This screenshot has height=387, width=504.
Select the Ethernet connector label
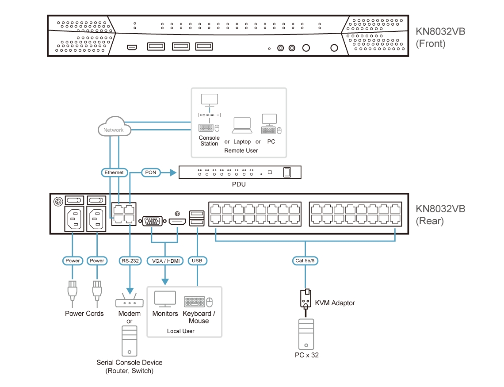point(114,172)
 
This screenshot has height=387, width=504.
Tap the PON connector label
point(151,172)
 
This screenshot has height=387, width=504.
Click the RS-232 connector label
point(130,261)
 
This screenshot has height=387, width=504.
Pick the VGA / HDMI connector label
point(165,261)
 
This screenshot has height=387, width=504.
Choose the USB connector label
point(197,261)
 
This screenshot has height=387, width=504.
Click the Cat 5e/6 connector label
point(305,261)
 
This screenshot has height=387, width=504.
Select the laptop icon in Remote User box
point(242,126)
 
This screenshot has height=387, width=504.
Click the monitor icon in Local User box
point(165,299)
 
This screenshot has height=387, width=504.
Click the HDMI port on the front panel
point(131,47)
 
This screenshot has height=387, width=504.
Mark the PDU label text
point(239,184)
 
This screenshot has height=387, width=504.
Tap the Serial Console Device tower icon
point(129,341)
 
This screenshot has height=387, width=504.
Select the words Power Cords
point(84,314)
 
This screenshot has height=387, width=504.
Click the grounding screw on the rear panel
point(57,202)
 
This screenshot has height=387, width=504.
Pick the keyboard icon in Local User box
point(195,302)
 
